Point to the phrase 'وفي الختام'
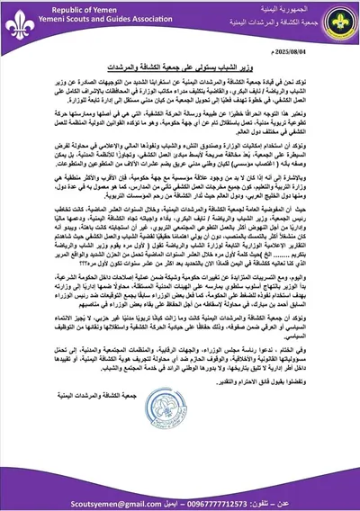tap(329, 395)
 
